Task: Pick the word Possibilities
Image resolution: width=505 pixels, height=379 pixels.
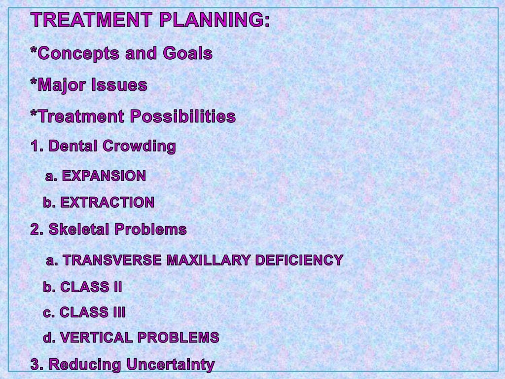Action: (183, 117)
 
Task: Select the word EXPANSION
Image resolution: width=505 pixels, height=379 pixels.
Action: (104, 176)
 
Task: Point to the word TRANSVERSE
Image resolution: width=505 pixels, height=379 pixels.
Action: (113, 260)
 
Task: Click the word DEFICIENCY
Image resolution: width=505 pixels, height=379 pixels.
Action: (299, 260)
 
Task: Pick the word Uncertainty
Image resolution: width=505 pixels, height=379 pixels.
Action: (170, 365)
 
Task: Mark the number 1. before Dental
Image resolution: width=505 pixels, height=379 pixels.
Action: (37, 146)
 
